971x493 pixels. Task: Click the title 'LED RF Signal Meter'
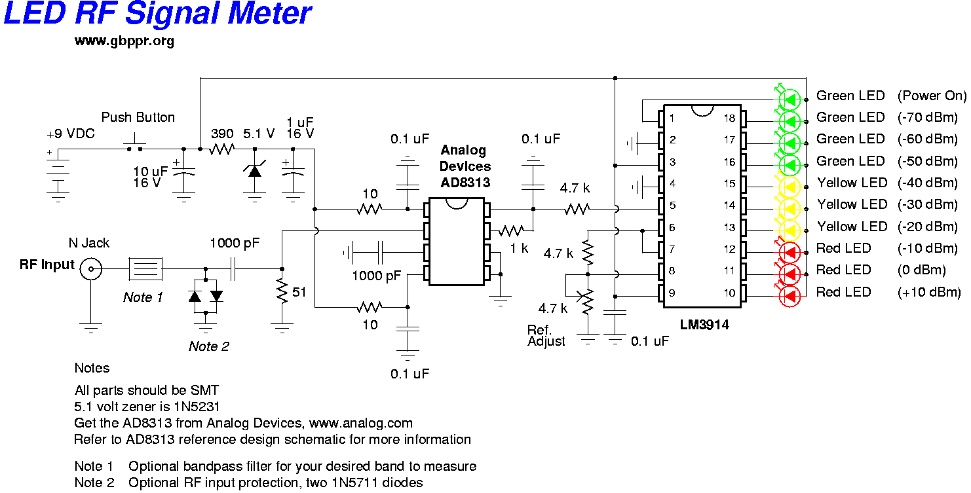157,13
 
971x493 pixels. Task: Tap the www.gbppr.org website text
124,41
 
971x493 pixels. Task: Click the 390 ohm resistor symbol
222,149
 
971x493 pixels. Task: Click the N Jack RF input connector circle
91,268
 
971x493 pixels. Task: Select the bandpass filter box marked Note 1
145,268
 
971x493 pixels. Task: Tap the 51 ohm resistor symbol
282,291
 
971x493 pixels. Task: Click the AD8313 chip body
457,242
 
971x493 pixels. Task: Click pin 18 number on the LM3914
729,118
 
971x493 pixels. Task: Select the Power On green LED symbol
790,100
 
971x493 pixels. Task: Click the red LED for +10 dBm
790,297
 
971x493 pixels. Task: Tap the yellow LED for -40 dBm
790,187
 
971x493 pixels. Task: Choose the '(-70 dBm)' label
927,118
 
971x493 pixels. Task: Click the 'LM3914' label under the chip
704,325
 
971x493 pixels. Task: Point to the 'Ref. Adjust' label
546,335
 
